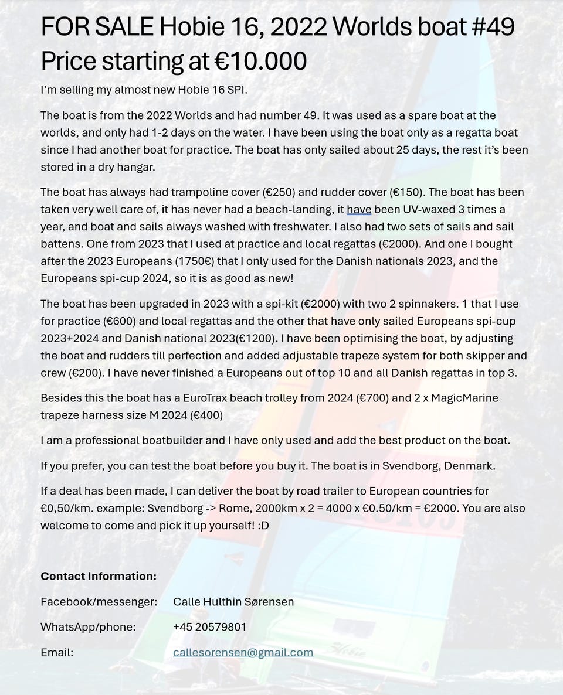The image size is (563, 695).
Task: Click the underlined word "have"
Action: (359, 209)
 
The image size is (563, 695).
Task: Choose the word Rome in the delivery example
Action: (223, 508)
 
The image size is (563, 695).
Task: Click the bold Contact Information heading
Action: (99, 576)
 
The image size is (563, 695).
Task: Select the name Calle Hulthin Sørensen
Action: (233, 602)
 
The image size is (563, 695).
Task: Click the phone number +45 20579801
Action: (209, 627)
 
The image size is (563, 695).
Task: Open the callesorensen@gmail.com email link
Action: (243, 652)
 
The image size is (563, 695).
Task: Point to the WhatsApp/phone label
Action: (88, 627)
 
